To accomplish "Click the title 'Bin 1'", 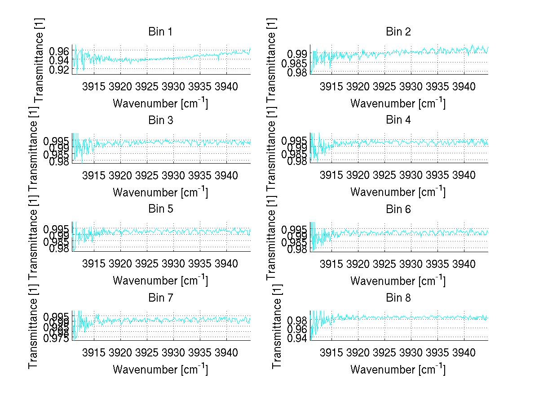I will click(160, 32).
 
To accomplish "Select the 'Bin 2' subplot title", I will click(398, 32).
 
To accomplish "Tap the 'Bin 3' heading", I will click(160, 120).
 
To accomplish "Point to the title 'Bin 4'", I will click(398, 120).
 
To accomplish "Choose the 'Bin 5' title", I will click(160, 209).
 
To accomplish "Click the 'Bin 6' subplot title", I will click(398, 209).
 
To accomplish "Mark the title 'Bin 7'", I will click(160, 298).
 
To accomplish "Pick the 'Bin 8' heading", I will click(398, 298).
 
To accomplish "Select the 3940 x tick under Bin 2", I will click(464, 87).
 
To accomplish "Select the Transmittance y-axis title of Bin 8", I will click(277, 326).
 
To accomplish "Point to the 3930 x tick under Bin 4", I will click(411, 175).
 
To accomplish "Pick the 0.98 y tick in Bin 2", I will click(297, 72).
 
